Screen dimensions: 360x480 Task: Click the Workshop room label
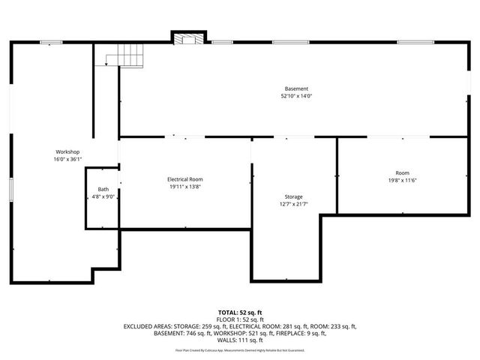coord(67,152)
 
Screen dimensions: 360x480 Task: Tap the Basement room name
coord(295,88)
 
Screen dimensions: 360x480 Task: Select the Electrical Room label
coord(184,179)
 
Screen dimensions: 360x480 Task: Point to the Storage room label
coord(293,196)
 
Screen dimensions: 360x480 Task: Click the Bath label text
coord(102,189)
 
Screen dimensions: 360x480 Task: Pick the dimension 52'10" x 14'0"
coord(295,96)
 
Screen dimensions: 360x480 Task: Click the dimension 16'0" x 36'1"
coord(67,160)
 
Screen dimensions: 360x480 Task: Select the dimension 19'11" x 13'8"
coord(184,187)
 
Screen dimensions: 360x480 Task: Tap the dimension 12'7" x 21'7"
coord(293,204)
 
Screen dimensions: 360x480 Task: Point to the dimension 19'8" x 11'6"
coord(402,180)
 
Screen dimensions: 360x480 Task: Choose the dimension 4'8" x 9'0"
coord(102,196)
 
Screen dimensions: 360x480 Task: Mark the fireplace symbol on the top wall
coord(186,38)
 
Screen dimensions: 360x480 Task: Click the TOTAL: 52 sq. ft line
coord(240,311)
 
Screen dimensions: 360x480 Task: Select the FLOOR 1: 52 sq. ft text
coord(240,319)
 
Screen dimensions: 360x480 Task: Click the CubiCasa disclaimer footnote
coord(240,350)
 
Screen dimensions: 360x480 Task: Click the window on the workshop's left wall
coord(11,190)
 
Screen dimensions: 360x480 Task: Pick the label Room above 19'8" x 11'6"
coord(402,172)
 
